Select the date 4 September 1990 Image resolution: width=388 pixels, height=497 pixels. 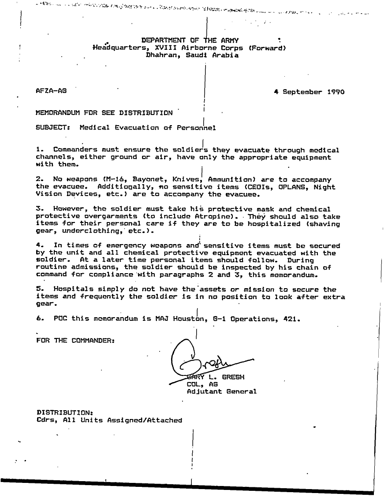point(309,92)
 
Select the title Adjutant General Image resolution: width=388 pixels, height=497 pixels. point(221,391)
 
